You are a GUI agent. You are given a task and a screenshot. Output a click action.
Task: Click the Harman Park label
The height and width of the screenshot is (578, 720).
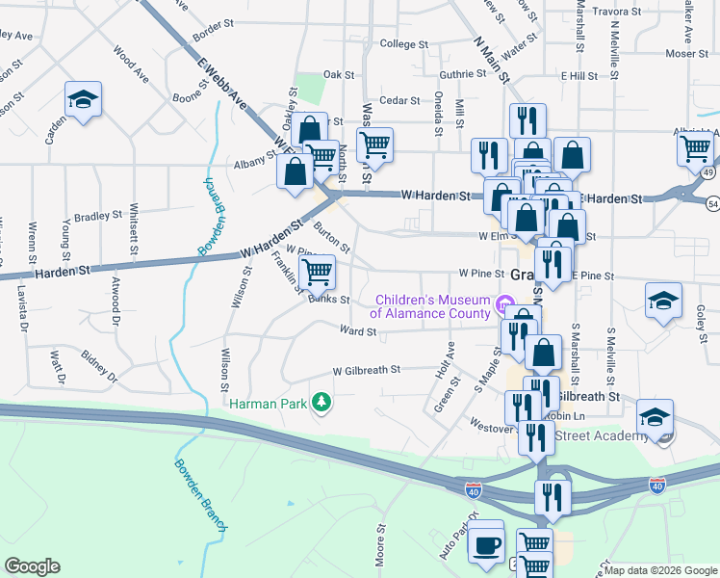pyautogui.click(x=267, y=404)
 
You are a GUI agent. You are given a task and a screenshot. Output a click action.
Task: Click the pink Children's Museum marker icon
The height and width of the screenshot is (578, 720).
pyautogui.click(x=501, y=306)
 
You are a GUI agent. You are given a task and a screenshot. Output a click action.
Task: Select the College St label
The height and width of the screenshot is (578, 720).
pyautogui.click(x=403, y=44)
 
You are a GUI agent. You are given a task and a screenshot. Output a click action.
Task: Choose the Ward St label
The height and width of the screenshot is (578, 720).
pyautogui.click(x=356, y=330)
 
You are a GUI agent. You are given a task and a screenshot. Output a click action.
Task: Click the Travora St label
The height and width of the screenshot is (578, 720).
pyautogui.click(x=616, y=13)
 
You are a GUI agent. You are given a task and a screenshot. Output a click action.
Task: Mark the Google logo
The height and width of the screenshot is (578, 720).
pyautogui.click(x=32, y=566)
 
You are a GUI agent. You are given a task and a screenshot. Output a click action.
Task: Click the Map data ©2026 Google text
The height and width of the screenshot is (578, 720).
pyautogui.click(x=660, y=570)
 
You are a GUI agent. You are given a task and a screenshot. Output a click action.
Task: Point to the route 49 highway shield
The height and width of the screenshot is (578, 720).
pyautogui.click(x=707, y=171)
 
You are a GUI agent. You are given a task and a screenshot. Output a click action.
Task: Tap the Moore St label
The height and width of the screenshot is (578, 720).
pyautogui.click(x=381, y=544)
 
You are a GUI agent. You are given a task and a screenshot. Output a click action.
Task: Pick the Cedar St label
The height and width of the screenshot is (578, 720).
pyautogui.click(x=400, y=99)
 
